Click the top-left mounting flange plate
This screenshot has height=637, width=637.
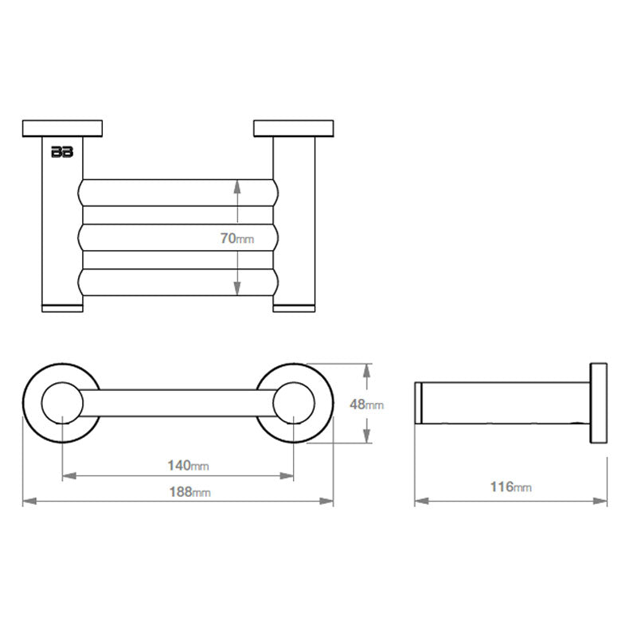pos(63,128)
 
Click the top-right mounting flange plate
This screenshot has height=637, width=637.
pos(294,128)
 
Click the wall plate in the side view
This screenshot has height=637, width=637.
pos(598,404)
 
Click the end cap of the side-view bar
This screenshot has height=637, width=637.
pos(417,404)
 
